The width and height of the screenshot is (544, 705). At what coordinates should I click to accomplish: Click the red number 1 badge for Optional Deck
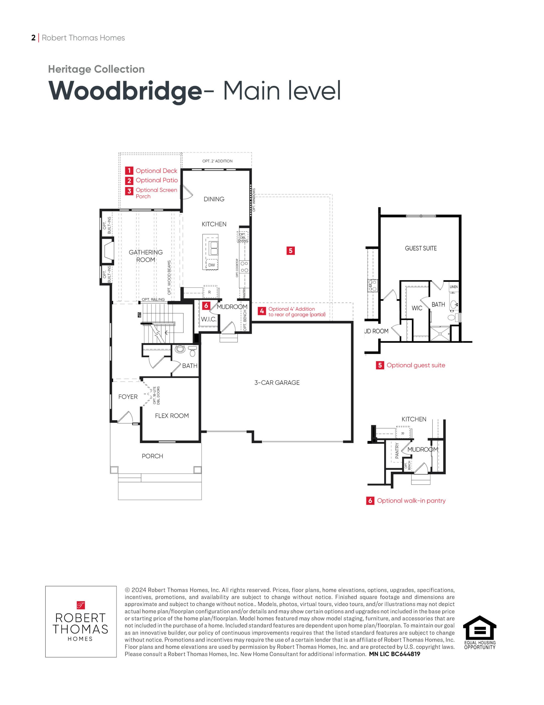(x=129, y=170)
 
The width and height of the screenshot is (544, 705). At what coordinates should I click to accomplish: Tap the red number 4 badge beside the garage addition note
(x=262, y=311)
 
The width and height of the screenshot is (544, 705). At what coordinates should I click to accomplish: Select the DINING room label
(x=214, y=199)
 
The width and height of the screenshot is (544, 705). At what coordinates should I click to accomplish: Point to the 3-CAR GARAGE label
(x=277, y=383)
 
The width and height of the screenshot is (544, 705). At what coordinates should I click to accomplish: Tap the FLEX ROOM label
(x=172, y=416)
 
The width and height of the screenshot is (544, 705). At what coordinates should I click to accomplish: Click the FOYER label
(x=128, y=397)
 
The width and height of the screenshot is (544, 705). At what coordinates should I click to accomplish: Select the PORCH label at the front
(x=153, y=456)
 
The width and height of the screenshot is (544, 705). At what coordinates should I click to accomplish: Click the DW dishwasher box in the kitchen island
(x=211, y=265)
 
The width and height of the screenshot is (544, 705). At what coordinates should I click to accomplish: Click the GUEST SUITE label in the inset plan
(x=421, y=248)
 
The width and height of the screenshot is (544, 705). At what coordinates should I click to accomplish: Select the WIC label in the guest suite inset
(x=417, y=308)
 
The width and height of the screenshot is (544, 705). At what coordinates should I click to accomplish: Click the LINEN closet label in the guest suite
(x=454, y=287)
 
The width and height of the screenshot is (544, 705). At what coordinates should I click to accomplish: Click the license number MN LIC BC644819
(x=395, y=654)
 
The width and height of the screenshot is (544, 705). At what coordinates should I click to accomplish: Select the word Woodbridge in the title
(x=125, y=91)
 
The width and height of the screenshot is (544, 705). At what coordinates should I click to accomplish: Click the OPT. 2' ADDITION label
(x=217, y=161)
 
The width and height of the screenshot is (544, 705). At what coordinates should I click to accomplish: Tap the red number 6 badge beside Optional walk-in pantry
(x=370, y=501)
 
